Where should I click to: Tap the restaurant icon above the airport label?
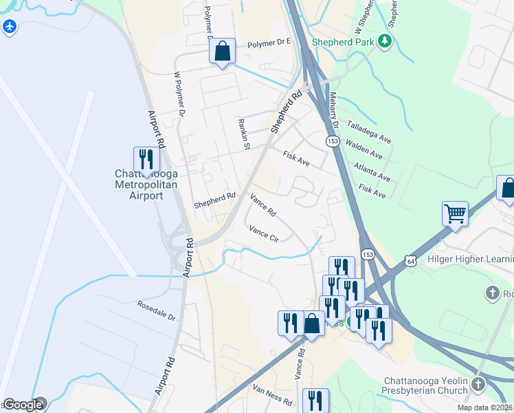click(146, 160)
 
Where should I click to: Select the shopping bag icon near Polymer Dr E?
click(222, 51)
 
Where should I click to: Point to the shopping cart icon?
click(455, 213)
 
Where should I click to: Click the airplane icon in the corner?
click(9, 27)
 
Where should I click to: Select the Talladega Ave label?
click(368, 132)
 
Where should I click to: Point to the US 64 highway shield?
click(410, 262)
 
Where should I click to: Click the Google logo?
click(23, 405)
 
